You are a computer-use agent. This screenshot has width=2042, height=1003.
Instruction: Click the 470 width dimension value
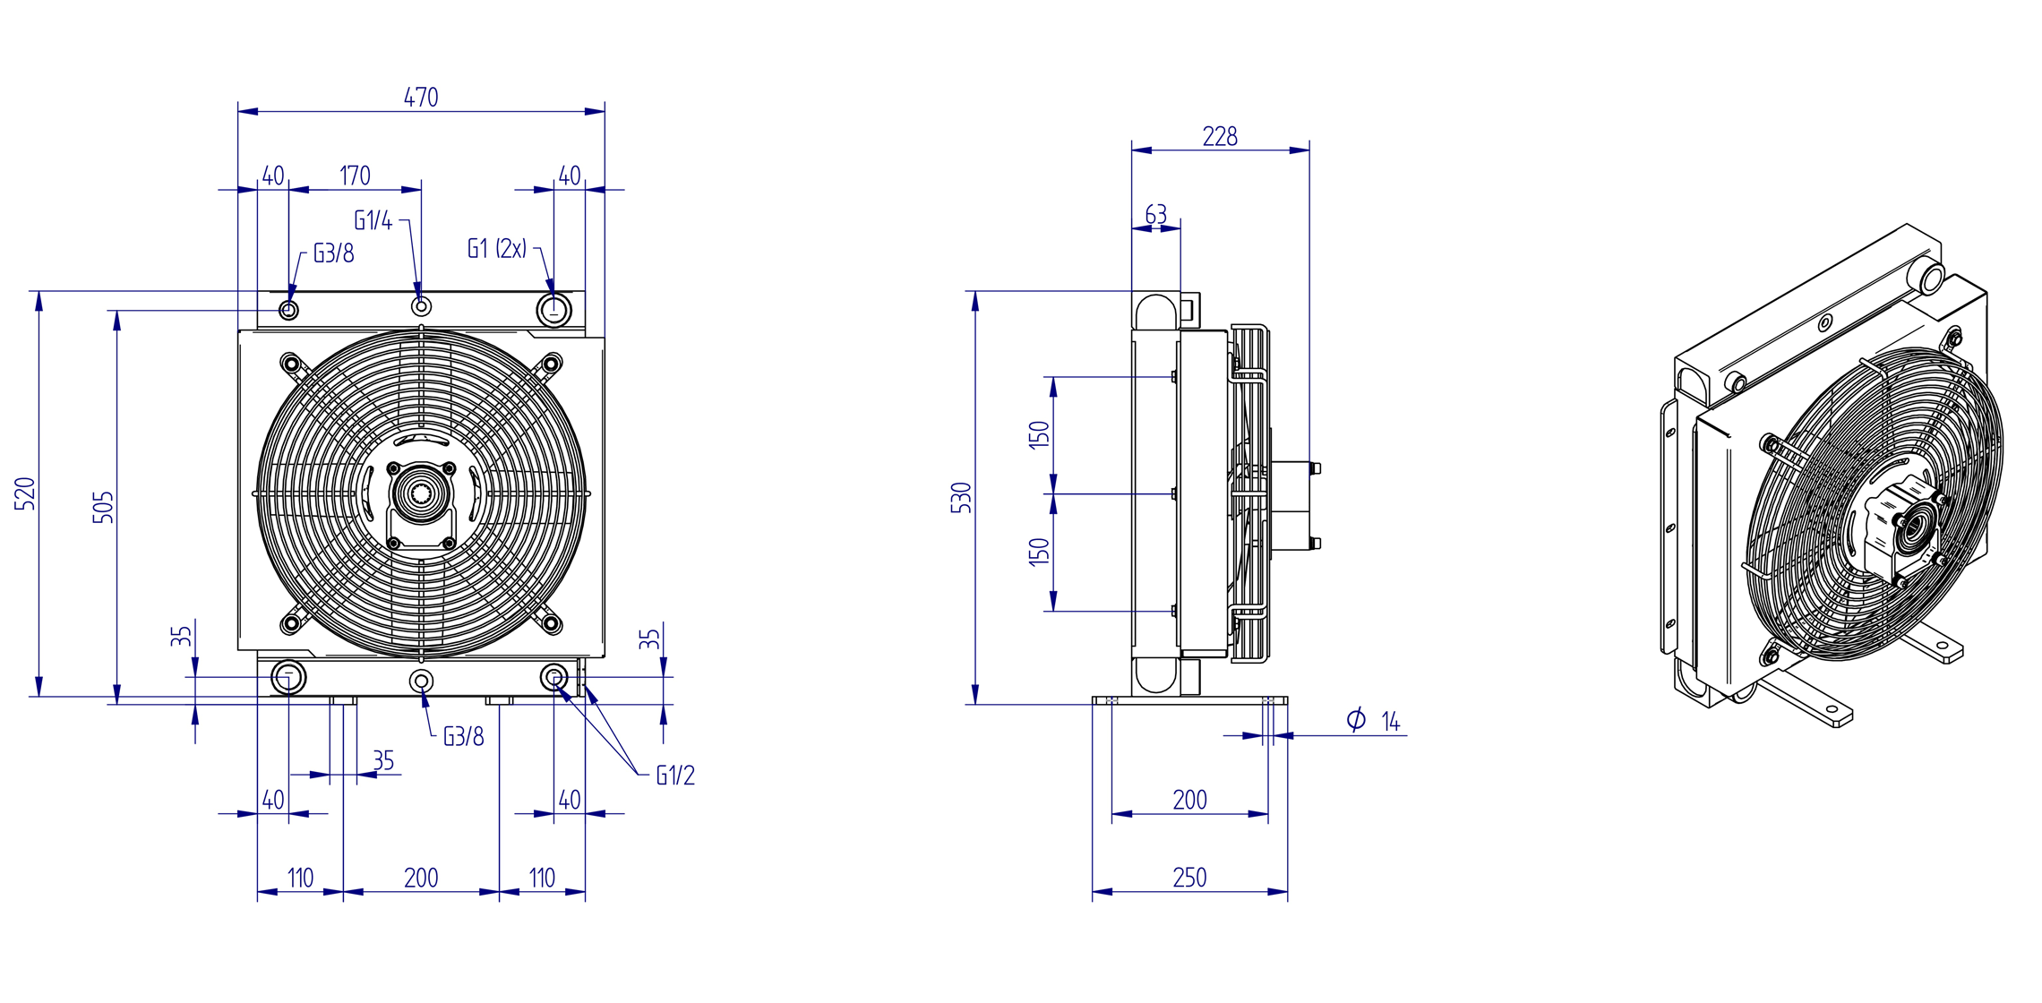coord(421,97)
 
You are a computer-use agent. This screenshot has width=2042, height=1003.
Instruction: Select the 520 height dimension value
coord(25,494)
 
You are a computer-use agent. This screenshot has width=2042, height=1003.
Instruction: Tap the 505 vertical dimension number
coord(103,507)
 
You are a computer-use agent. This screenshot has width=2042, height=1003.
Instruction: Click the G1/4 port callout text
coord(373,220)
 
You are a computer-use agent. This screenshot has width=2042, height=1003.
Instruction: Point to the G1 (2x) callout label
coord(497,249)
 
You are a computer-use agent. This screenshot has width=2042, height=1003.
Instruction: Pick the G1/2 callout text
coord(675,776)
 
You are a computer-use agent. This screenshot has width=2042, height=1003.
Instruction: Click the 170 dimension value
coord(355,176)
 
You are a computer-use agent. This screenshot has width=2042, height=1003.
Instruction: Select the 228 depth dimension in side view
coord(1220,136)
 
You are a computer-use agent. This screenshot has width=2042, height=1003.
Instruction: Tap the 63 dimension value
coord(1155,215)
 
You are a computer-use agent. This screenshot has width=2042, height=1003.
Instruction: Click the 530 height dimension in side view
coord(960,498)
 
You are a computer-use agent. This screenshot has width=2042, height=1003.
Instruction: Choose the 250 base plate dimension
coord(1189,878)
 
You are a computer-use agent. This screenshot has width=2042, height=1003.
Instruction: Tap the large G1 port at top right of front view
coord(553,311)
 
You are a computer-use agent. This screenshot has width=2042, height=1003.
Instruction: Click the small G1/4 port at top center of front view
coord(421,307)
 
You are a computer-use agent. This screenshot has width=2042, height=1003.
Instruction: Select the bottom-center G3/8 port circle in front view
coord(421,682)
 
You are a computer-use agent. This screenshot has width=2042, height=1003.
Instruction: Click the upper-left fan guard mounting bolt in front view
coord(290,364)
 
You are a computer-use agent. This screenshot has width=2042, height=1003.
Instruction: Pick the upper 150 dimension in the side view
coord(1039,434)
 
